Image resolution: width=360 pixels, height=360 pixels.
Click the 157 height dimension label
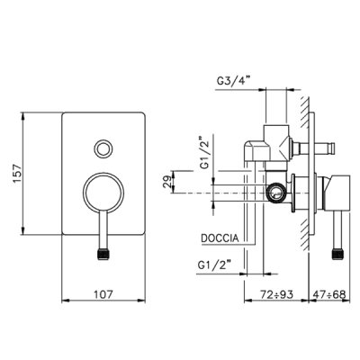click(x=17, y=174)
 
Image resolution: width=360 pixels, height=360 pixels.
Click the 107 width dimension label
click(x=103, y=294)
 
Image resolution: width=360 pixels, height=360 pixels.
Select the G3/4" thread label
click(x=233, y=81)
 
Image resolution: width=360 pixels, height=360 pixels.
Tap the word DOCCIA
click(x=220, y=238)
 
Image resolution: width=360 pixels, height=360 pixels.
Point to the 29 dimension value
click(x=168, y=182)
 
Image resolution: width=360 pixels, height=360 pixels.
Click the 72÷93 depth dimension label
click(x=276, y=294)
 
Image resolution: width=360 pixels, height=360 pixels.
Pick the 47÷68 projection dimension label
click(x=329, y=294)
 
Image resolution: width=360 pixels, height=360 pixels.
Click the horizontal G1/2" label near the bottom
click(x=216, y=265)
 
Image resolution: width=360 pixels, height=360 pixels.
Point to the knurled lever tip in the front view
click(x=103, y=254)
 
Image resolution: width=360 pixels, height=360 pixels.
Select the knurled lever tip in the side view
click(x=337, y=254)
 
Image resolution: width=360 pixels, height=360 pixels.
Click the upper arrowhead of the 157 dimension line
click(x=22, y=116)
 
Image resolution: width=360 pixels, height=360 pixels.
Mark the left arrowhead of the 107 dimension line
click(x=66, y=301)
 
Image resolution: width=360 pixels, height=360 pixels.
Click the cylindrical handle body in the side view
click(x=338, y=193)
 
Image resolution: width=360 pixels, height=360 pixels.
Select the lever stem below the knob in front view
click(x=103, y=230)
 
